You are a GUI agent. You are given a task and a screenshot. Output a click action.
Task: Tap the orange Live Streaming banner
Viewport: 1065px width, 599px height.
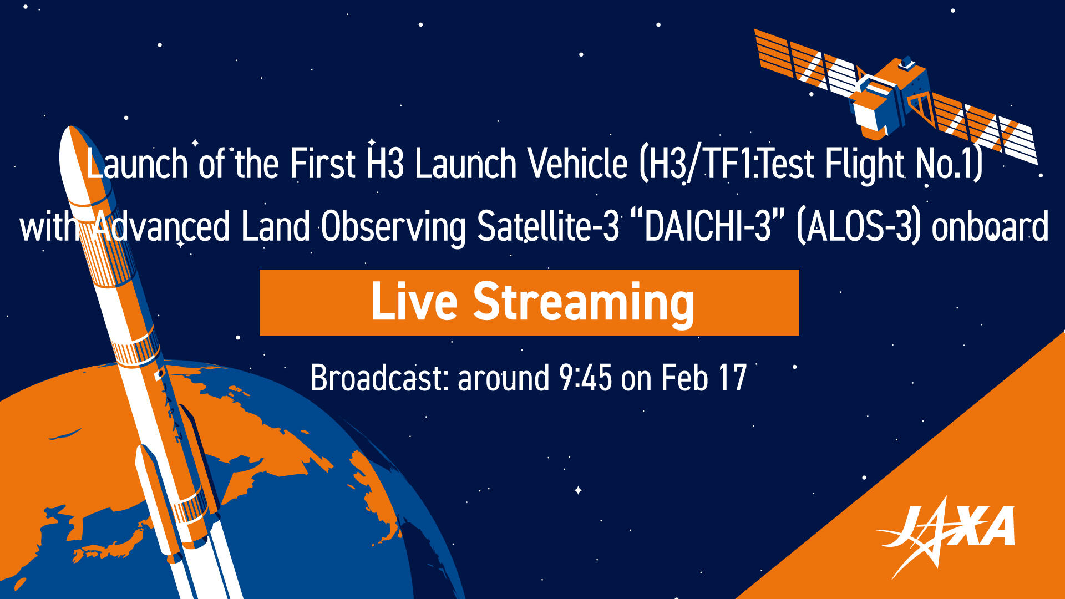click(x=529, y=303)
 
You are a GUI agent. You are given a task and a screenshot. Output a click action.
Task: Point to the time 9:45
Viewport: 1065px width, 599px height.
click(x=585, y=378)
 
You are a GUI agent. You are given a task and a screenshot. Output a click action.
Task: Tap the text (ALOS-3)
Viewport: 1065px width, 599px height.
click(x=859, y=226)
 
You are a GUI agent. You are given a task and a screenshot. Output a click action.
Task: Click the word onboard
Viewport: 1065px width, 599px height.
click(x=991, y=226)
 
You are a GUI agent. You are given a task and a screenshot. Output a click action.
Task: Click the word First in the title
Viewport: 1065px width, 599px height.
click(x=322, y=164)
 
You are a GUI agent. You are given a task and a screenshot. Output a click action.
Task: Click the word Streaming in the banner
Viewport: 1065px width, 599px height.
click(x=583, y=303)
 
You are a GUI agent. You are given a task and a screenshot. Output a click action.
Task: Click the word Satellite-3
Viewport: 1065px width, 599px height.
click(x=547, y=226)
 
